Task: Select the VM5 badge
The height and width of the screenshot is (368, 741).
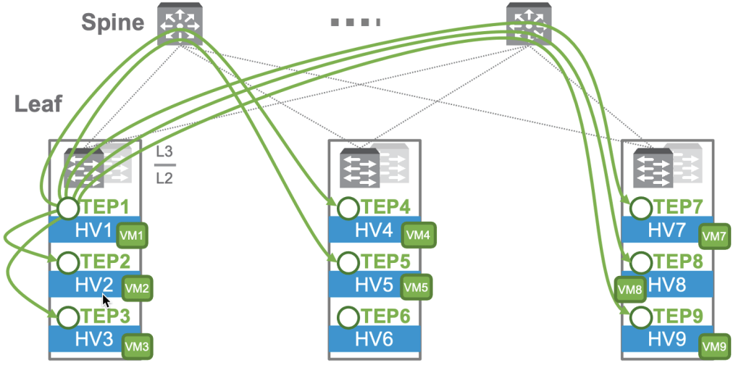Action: click(x=415, y=287)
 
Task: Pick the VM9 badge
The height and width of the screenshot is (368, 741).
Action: click(x=713, y=346)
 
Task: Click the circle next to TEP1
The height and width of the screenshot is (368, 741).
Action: click(x=68, y=208)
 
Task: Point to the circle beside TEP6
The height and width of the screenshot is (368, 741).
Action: click(x=348, y=317)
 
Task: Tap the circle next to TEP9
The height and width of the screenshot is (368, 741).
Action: click(x=640, y=317)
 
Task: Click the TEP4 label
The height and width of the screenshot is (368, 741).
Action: click(x=385, y=208)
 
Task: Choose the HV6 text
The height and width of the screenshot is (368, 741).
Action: click(x=374, y=339)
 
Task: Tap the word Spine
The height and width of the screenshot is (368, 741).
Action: click(x=112, y=22)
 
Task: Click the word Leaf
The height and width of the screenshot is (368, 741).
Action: click(x=38, y=104)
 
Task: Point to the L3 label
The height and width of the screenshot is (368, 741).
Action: click(x=164, y=154)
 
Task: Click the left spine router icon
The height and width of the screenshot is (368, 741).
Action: click(x=180, y=23)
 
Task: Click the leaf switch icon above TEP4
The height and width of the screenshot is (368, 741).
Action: click(x=361, y=169)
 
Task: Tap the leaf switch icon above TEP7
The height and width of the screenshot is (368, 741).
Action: click(x=653, y=169)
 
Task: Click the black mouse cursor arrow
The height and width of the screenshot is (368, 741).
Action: click(x=106, y=300)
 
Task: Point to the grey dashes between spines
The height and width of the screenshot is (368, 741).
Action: click(x=356, y=22)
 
